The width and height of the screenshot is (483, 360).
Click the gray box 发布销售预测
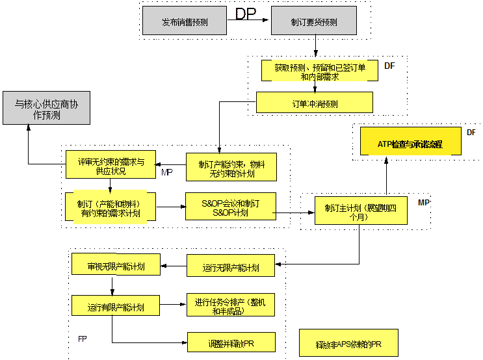185,21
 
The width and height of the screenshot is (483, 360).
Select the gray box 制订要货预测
314,21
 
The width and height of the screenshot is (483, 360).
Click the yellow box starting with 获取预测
319,71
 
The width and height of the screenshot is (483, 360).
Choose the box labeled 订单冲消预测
315,103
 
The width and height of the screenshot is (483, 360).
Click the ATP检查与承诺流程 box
411,144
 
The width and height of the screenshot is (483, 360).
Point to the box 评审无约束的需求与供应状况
111,166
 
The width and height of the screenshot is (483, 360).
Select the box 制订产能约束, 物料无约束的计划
231,168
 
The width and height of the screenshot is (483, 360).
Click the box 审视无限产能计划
116,265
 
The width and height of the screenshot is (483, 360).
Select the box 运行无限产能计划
231,266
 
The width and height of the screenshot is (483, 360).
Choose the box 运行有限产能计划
116,306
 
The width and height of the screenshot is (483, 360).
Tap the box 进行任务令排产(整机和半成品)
231,306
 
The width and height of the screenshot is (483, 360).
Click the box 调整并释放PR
231,342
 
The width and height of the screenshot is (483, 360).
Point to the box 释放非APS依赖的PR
348,343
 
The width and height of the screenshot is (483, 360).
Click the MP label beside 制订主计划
423,203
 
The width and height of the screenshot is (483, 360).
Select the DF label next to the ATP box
471,132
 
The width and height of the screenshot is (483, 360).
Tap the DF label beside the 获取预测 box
390,66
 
